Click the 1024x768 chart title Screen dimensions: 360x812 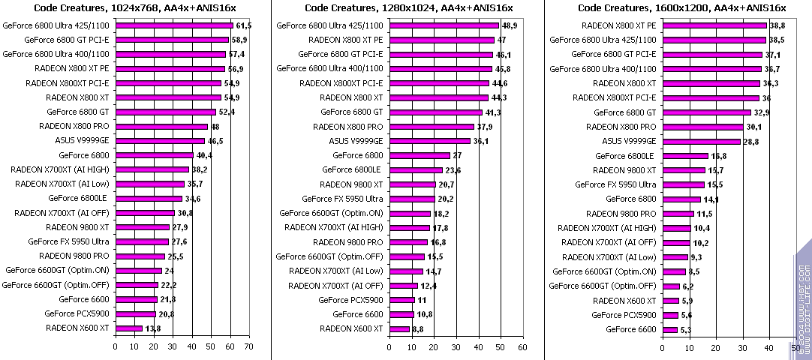pos(136,8)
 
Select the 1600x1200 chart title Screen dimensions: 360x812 pos(681,8)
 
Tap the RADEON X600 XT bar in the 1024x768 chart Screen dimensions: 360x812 pos(128,328)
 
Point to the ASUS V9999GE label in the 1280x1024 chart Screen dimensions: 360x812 pos(356,141)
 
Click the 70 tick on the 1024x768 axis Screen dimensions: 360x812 pos(248,346)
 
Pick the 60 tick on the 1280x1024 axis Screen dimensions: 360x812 pos(522,346)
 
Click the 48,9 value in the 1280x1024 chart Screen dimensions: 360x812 pos(510,25)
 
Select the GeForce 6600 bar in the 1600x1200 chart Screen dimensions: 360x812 pos(669,329)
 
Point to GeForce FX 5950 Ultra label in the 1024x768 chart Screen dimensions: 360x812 pos(68,241)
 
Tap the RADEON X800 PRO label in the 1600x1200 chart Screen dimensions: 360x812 pos(621,127)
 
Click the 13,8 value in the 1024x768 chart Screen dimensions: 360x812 pos(153,328)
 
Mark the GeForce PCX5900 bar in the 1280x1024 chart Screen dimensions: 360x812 pos(401,300)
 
